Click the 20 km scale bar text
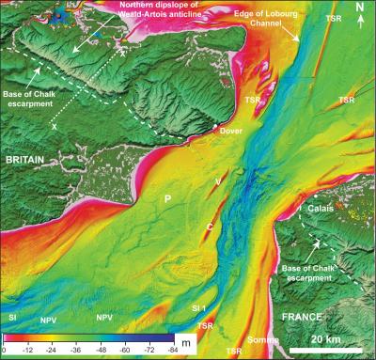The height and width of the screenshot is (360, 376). coord(326,338)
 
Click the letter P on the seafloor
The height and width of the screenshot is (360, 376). coord(167,199)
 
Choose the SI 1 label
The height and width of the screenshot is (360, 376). coord(198,308)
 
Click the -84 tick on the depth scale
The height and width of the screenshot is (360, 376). coord(172,351)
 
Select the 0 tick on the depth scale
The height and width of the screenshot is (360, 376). coord(5,351)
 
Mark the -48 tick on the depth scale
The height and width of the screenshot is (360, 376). coord(101,351)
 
